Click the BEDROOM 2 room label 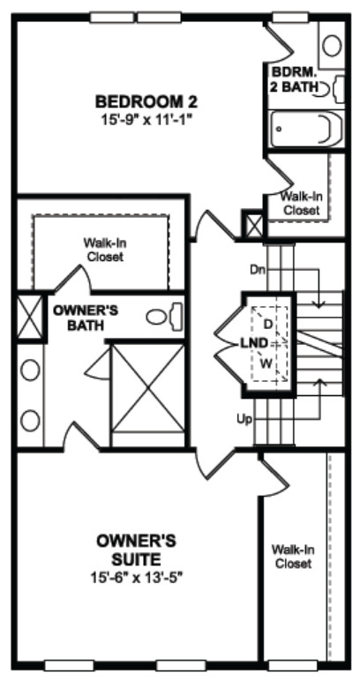(146, 102)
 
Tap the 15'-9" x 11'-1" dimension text (146, 119)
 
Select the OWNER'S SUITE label (136, 549)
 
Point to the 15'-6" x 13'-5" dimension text (137, 578)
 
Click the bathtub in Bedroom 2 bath (306, 130)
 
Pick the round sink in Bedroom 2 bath (333, 46)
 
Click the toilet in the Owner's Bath (165, 317)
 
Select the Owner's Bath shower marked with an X (148, 388)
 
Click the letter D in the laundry (268, 324)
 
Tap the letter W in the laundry (266, 363)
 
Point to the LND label (254, 343)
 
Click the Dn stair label (257, 269)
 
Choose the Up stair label (244, 419)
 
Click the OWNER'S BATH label (86, 318)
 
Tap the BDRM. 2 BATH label (295, 78)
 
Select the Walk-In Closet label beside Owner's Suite (293, 557)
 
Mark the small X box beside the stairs (252, 224)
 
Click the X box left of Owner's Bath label (30, 317)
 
